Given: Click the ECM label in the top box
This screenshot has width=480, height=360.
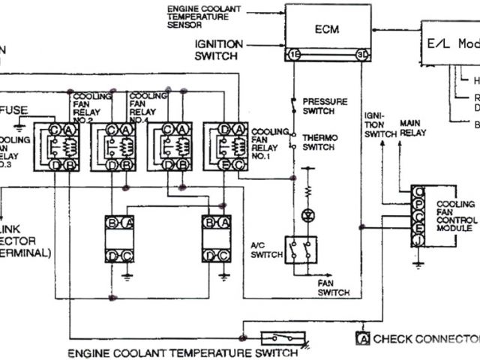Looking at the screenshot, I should (327, 29).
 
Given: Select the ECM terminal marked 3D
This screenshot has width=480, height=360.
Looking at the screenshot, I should (362, 55).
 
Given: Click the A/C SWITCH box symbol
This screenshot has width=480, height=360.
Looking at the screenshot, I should (300, 250).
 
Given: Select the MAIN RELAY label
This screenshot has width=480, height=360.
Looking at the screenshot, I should (412, 127).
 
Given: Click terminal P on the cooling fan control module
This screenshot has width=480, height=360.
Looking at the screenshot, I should (417, 204).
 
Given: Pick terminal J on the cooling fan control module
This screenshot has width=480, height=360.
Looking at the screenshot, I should (417, 240).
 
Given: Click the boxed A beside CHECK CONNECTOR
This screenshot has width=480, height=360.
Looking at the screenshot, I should (363, 338).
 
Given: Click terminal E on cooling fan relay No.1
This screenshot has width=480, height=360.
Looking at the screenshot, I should (223, 164).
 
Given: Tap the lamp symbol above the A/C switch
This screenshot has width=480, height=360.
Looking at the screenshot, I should (306, 214).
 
